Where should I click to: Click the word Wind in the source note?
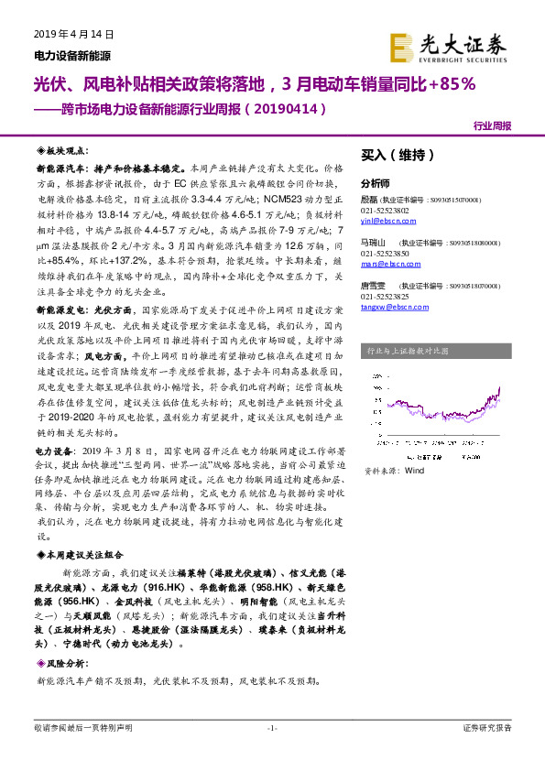[x=414, y=470]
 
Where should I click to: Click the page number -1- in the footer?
[x=271, y=728]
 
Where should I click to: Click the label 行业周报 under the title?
[x=493, y=125]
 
